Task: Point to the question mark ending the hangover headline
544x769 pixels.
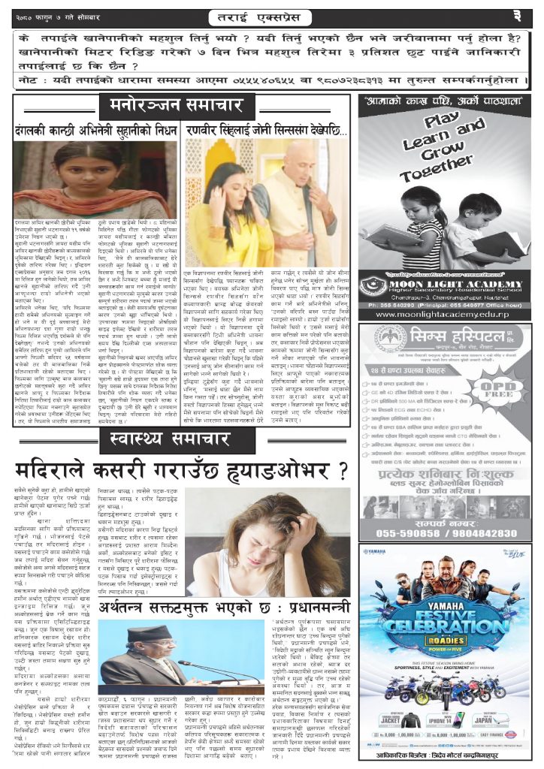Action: coord(342,472)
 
